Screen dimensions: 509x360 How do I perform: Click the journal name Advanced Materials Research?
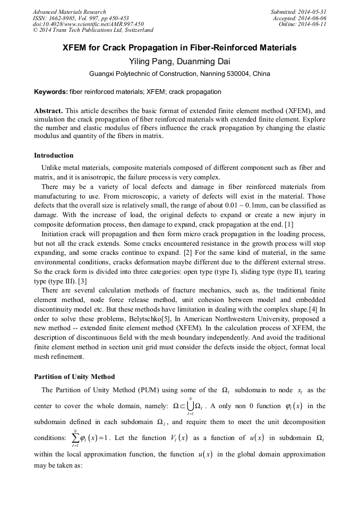[x=69, y=12]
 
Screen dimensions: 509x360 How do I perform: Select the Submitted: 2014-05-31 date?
[x=299, y=12]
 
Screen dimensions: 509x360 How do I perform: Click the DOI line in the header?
[x=88, y=24]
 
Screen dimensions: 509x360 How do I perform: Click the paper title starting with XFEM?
[x=179, y=48]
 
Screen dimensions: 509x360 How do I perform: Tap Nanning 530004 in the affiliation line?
[x=222, y=74]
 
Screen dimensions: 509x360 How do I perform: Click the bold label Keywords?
[x=51, y=92]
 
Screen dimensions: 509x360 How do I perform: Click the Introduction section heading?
[x=54, y=156]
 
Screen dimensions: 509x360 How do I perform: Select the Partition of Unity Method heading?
[x=74, y=377]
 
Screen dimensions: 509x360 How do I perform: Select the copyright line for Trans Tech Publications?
[x=93, y=31]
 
